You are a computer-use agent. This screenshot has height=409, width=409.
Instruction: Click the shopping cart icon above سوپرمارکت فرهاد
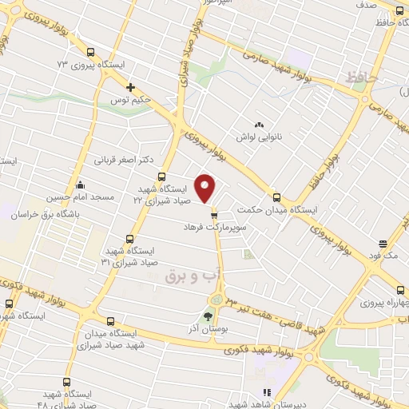click(x=213, y=214)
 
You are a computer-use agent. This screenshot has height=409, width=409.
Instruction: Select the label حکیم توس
click(x=131, y=101)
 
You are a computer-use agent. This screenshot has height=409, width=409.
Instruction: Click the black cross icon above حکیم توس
click(x=131, y=87)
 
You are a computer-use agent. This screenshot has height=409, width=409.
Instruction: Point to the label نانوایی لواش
click(x=258, y=137)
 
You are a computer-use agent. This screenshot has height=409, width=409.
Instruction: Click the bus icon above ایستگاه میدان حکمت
click(x=276, y=197)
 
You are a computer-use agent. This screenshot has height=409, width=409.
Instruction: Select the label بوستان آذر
click(x=212, y=328)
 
